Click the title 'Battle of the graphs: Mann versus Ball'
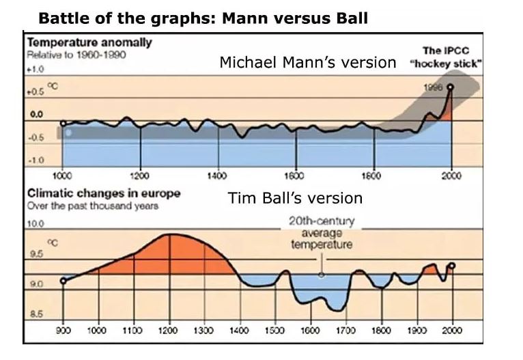[202, 18]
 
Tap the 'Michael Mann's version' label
[307, 63]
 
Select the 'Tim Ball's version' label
[295, 198]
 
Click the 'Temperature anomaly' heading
[89, 43]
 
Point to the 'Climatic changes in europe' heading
[103, 193]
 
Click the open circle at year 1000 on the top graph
[63, 124]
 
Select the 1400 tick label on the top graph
[218, 175]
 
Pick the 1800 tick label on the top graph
[373, 175]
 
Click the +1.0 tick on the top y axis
[35, 70]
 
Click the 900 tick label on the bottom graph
[62, 330]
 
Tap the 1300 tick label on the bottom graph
[203, 330]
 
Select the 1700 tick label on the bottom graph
[345, 330]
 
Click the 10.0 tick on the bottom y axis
[36, 223]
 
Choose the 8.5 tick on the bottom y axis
[34, 315]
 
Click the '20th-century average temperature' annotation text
[321, 233]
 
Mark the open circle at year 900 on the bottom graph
[63, 280]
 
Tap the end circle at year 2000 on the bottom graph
[451, 266]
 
